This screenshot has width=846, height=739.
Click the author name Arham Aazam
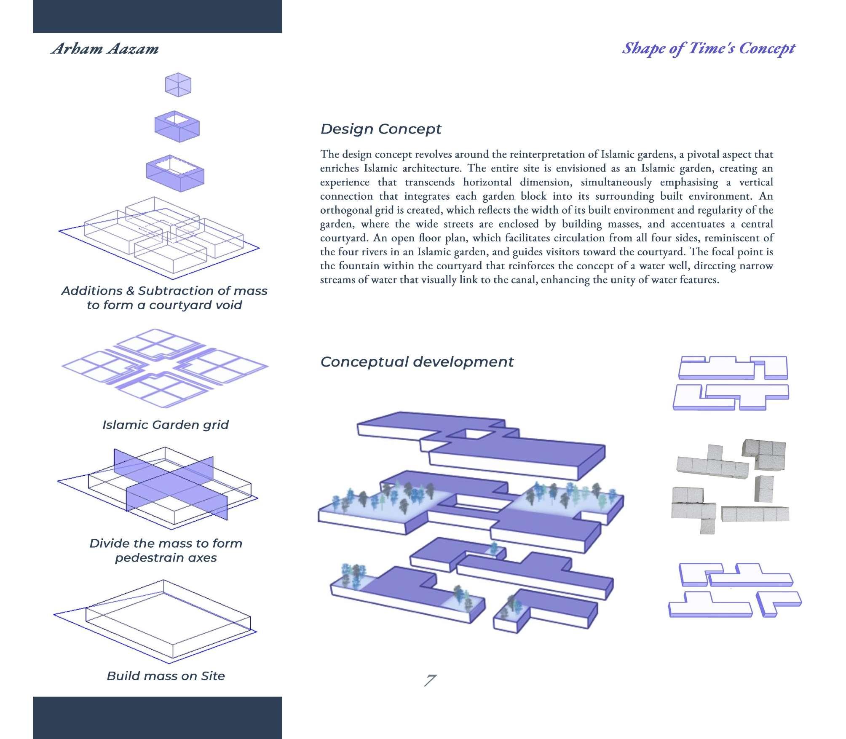[105, 49]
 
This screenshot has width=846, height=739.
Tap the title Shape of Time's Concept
[708, 49]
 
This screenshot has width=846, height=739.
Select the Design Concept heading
[380, 129]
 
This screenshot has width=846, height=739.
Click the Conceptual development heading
[417, 362]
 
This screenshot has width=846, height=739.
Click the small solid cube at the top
[178, 85]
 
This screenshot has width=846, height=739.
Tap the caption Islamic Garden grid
[165, 425]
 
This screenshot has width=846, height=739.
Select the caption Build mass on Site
[166, 676]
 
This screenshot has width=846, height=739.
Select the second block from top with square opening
[177, 127]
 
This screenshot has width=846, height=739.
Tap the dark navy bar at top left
[157, 16]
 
